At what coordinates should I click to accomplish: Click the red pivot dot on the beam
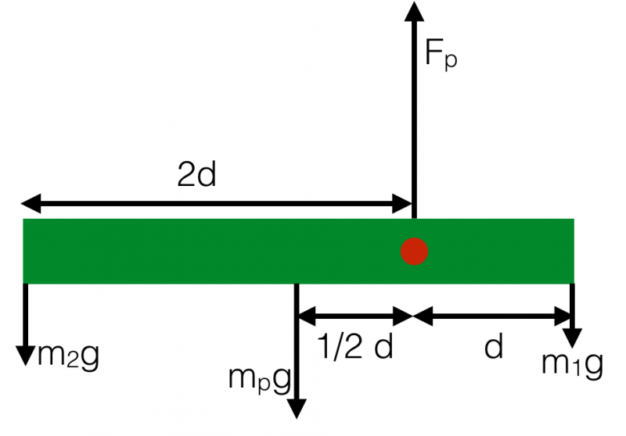(414, 252)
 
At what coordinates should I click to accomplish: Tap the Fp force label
(441, 55)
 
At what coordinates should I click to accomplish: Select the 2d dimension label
(196, 175)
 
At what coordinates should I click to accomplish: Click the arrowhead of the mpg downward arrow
(297, 409)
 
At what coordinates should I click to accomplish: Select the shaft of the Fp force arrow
(414, 117)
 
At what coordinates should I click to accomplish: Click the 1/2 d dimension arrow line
(356, 316)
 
